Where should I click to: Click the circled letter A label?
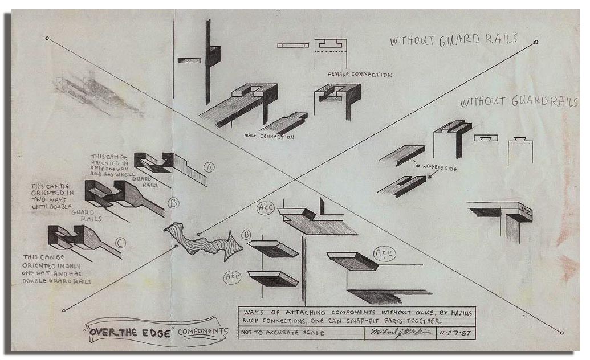coord(209,167)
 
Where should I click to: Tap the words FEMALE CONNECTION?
coord(360,75)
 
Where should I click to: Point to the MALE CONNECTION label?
coord(268,137)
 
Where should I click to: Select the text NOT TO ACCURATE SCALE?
coord(283,333)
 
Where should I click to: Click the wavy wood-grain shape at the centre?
coord(202,242)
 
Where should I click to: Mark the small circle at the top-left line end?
coord(47,38)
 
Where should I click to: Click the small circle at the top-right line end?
coord(536,42)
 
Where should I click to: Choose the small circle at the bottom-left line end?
coord(64,310)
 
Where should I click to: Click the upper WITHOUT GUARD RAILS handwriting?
coord(453,40)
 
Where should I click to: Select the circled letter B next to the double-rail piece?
coord(173,202)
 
